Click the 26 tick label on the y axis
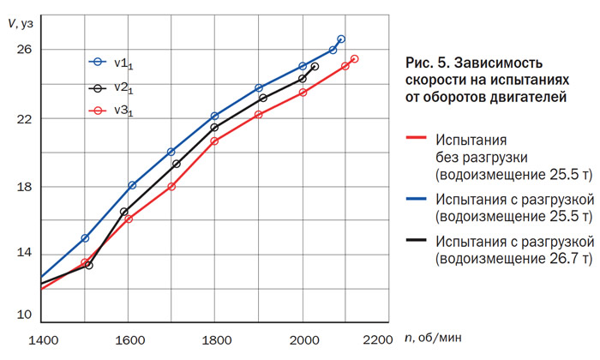pyautogui.click(x=23, y=50)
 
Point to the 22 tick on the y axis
pyautogui.click(x=40, y=117)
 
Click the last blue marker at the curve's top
pyautogui.click(x=341, y=39)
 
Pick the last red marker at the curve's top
pyautogui.click(x=354, y=59)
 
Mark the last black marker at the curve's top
pyautogui.click(x=315, y=67)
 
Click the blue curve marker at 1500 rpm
pyautogui.click(x=85, y=237)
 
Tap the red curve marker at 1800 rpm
pyautogui.click(x=214, y=141)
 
